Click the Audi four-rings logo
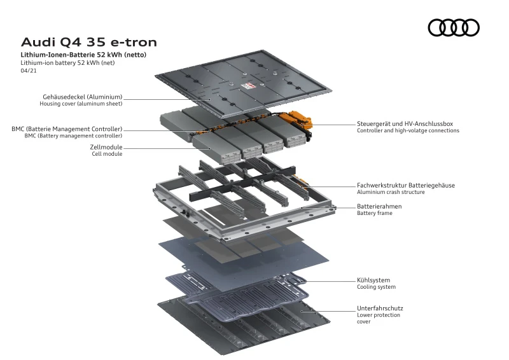[454, 27]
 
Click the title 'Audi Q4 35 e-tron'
[88, 43]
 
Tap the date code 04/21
[29, 71]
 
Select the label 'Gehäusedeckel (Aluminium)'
[82, 97]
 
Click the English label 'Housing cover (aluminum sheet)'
[81, 104]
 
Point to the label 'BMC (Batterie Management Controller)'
[67, 128]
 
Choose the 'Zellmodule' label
[106, 147]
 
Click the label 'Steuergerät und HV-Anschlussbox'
[405, 123]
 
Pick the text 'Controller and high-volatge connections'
[408, 130]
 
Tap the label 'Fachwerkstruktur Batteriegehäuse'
[405, 185]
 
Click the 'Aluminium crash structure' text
[391, 192]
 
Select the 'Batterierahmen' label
[379, 206]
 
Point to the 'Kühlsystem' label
[373, 280]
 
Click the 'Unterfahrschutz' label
[380, 308]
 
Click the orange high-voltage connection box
[298, 120]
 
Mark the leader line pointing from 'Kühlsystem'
[331, 280]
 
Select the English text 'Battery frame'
[375, 213]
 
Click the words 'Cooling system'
[376, 287]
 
